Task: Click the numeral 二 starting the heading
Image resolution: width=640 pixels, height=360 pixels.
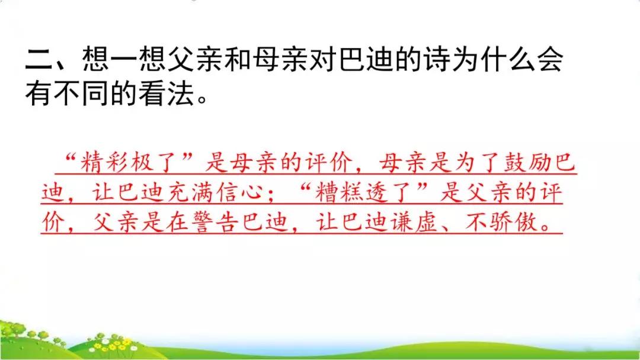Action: pyautogui.click(x=39, y=60)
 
